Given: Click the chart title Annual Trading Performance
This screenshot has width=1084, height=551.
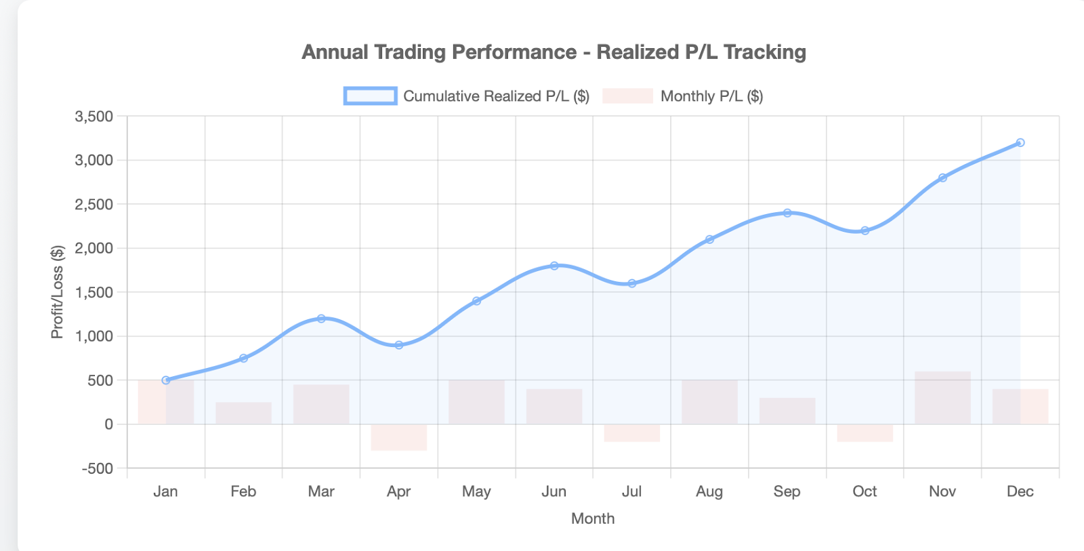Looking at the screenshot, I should pyautogui.click(x=554, y=52).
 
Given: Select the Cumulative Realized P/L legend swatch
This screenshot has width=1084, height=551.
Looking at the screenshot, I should pyautogui.click(x=370, y=96).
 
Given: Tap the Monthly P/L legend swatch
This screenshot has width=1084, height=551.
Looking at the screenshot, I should pyautogui.click(x=627, y=96).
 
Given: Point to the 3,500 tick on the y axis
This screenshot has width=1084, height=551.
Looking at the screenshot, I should pyautogui.click(x=94, y=117).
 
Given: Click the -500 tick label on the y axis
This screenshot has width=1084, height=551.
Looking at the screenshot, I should pyautogui.click(x=97, y=468).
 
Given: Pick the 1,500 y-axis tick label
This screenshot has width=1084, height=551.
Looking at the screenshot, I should pyautogui.click(x=94, y=292).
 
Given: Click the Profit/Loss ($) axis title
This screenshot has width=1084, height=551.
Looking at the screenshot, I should pyautogui.click(x=58, y=292).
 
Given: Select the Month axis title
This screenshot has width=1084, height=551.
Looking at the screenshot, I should pyautogui.click(x=593, y=518).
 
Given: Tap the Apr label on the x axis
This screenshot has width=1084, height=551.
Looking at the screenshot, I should pyautogui.click(x=399, y=491).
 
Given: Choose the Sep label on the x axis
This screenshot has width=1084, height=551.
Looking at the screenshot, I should pyautogui.click(x=787, y=491).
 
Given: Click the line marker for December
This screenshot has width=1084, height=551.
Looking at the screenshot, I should pyautogui.click(x=1020, y=143).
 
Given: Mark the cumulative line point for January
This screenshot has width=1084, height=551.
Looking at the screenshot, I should pyautogui.click(x=166, y=380).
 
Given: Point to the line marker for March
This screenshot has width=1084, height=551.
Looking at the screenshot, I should pyautogui.click(x=321, y=319).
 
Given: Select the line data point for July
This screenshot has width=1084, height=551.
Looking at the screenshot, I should pyautogui.click(x=632, y=283).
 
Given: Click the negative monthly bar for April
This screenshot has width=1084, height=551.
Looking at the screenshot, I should pyautogui.click(x=399, y=438).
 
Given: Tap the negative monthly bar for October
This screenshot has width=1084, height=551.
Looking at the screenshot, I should pyautogui.click(x=865, y=433).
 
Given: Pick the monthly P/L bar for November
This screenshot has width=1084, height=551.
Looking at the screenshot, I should pyautogui.click(x=942, y=398).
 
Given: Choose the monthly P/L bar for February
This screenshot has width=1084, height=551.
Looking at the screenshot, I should pyautogui.click(x=243, y=413).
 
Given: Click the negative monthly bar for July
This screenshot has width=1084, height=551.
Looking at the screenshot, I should pyautogui.click(x=632, y=433).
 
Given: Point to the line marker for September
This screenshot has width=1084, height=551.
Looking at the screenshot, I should pyautogui.click(x=787, y=213).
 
